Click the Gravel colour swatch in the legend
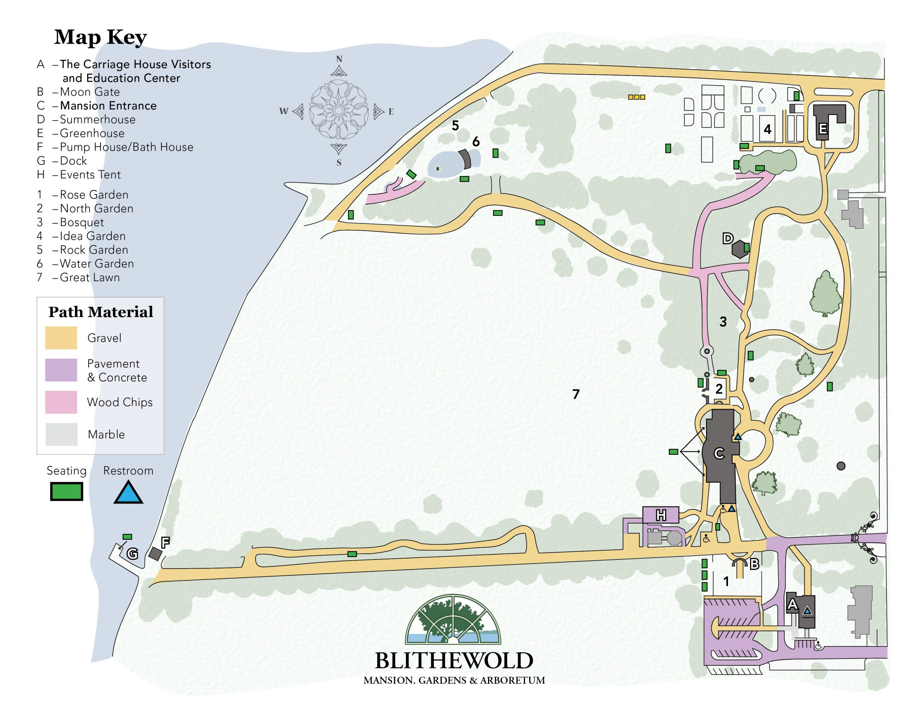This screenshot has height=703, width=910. pyautogui.click(x=61, y=338)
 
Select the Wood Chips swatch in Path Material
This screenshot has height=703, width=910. pyautogui.click(x=61, y=402)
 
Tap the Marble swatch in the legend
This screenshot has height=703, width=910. pyautogui.click(x=61, y=434)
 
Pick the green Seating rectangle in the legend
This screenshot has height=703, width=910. pyautogui.click(x=67, y=492)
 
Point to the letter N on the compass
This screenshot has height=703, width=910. pyautogui.click(x=339, y=59)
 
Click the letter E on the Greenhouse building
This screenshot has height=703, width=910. pyautogui.click(x=823, y=129)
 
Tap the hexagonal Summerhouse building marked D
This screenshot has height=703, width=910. pyautogui.click(x=740, y=249)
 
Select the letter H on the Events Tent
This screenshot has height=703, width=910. pyautogui.click(x=661, y=515)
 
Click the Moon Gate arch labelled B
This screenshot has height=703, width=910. pyautogui.click(x=740, y=564)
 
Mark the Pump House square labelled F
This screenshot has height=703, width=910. pyautogui.click(x=155, y=554)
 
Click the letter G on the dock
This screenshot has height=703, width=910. pyautogui.click(x=132, y=554)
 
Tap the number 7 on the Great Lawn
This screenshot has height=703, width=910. pyautogui.click(x=576, y=394)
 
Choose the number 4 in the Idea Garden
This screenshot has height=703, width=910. pyautogui.click(x=767, y=130)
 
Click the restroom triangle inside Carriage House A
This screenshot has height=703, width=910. pyautogui.click(x=808, y=611)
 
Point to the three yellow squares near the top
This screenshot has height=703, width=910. pyautogui.click(x=636, y=97)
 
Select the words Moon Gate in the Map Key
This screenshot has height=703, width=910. pyautogui.click(x=90, y=92)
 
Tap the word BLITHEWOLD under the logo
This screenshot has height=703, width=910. pyautogui.click(x=454, y=660)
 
